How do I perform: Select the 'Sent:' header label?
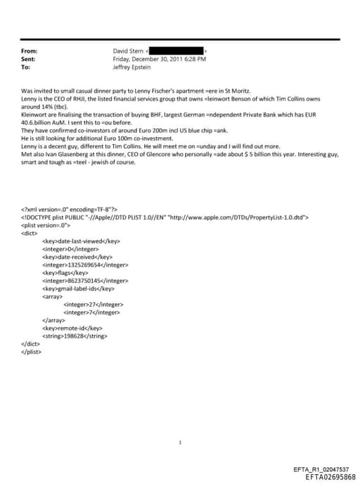coord(29,59)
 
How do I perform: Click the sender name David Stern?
coord(127,51)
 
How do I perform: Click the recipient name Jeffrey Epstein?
coord(133,67)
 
